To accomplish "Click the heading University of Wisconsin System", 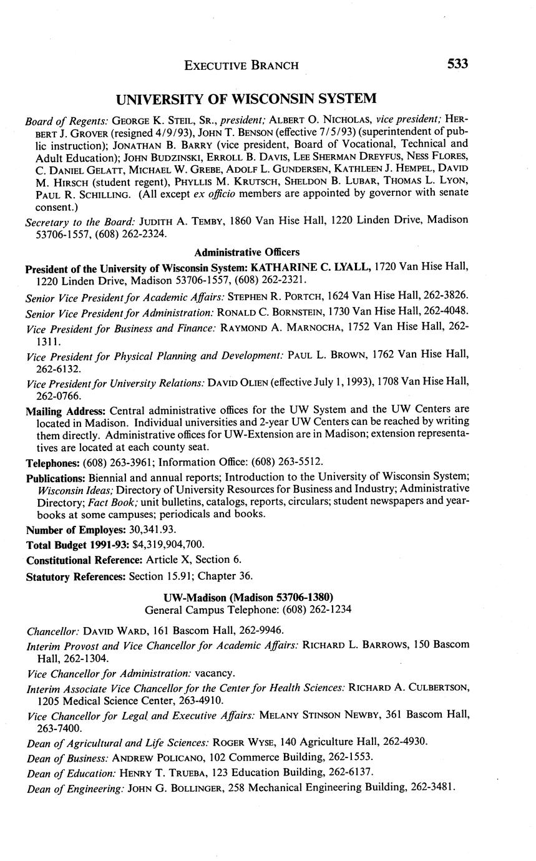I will [246, 99].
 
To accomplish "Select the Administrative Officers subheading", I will [246, 253].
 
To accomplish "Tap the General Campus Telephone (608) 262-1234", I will [306, 609].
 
